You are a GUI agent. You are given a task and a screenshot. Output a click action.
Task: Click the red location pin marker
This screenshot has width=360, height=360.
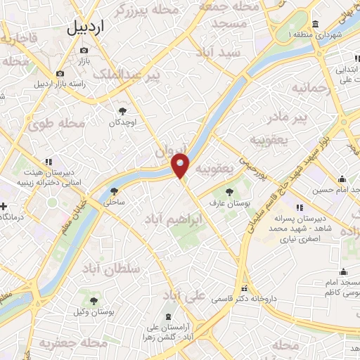181,166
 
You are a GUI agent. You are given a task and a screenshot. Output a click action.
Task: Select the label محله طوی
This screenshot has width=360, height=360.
56,124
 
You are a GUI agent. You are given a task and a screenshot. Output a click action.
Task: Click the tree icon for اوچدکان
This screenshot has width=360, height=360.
124,110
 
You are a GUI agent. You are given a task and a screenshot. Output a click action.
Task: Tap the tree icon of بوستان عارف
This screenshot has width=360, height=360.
229,191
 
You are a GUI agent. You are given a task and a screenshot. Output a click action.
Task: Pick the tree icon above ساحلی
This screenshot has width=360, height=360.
115,191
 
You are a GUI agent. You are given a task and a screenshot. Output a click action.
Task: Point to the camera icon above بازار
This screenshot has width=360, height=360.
84,50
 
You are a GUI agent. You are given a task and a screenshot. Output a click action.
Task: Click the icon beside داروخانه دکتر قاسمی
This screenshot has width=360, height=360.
244,288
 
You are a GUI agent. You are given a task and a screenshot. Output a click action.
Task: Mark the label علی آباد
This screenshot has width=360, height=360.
184,295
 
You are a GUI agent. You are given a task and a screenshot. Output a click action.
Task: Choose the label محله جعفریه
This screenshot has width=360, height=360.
66,343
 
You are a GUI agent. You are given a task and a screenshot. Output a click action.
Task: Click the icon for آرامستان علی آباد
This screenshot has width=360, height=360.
169,318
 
